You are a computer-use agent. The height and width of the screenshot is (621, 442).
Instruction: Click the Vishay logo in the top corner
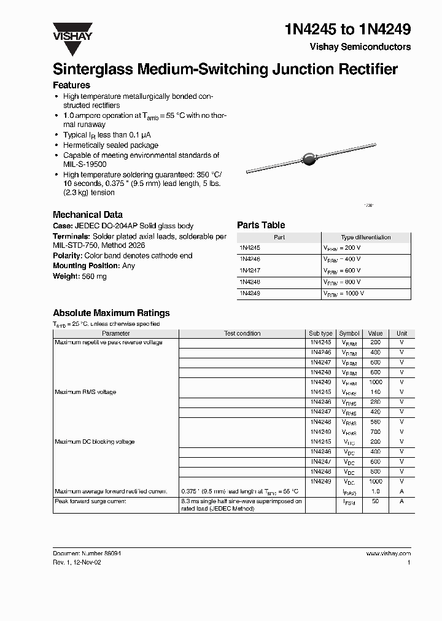(x=72, y=31)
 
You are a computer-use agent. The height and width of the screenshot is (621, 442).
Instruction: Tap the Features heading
(x=71, y=85)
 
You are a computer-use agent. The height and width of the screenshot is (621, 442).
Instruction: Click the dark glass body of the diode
(x=309, y=159)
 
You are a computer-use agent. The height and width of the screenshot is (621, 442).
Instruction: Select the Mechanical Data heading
(x=87, y=215)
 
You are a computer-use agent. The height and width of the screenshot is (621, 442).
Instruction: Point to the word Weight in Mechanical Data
(x=66, y=277)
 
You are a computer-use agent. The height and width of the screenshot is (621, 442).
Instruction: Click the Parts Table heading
(x=261, y=225)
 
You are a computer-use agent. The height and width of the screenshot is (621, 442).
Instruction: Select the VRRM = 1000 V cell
(x=344, y=293)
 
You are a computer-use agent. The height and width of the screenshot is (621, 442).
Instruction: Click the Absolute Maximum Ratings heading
(x=111, y=313)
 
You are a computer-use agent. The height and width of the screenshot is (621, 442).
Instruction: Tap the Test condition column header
(x=242, y=333)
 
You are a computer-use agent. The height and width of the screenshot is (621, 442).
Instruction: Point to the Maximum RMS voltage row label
(x=85, y=392)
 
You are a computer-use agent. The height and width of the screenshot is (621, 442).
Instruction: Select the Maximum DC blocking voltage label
(x=95, y=442)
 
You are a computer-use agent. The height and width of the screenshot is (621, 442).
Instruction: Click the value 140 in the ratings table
(x=375, y=392)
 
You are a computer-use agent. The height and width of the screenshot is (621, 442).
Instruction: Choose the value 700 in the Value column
(x=375, y=432)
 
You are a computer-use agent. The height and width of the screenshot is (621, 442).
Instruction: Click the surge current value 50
(x=375, y=501)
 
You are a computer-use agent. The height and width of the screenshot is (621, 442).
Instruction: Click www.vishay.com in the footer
(x=388, y=553)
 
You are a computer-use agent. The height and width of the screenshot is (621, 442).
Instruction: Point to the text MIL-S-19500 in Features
(x=85, y=165)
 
